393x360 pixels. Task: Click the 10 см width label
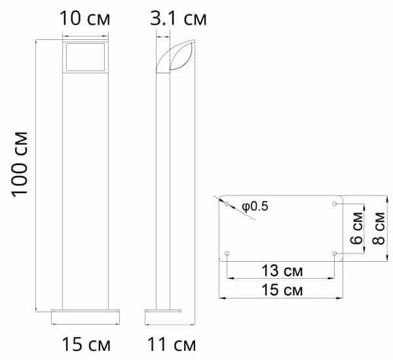[84, 18]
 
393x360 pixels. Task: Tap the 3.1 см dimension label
[178, 18]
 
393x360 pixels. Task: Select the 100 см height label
[20, 164]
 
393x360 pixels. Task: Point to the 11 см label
[172, 344]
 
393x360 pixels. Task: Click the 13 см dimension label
[282, 270]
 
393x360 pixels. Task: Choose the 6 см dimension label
[357, 228]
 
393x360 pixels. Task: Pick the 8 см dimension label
[379, 228]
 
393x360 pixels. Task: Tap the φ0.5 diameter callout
[255, 206]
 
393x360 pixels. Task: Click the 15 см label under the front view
[86, 344]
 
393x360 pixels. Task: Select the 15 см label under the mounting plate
[282, 290]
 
